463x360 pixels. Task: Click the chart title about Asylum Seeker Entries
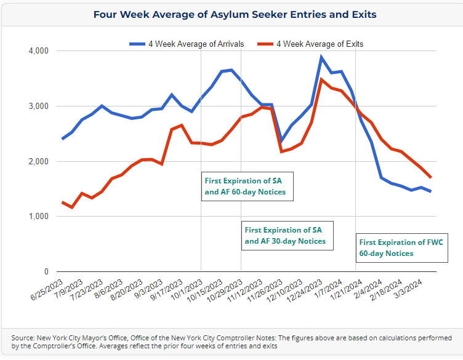coord(235,14)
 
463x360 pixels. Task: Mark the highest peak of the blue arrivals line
coord(321,57)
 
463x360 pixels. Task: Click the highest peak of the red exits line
coord(321,79)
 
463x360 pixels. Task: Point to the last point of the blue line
coord(430,191)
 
